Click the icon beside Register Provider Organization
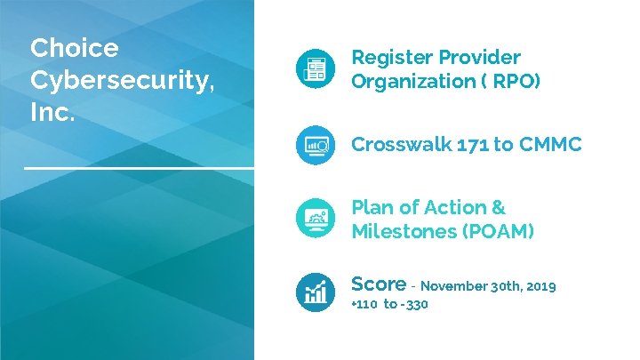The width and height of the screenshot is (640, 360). click(316, 69)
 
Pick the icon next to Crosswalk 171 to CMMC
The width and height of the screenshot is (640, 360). click(316, 145)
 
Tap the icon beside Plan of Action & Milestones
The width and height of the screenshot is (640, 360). click(316, 220)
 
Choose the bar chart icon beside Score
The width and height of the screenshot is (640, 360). click(316, 291)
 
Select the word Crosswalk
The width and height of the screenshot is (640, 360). click(400, 145)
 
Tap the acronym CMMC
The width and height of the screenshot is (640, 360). click(550, 145)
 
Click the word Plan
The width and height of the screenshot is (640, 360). click(372, 208)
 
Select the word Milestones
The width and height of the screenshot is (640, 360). click(400, 232)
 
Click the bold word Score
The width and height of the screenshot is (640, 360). click(379, 284)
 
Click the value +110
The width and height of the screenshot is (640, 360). click(365, 305)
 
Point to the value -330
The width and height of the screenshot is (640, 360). click(415, 305)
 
